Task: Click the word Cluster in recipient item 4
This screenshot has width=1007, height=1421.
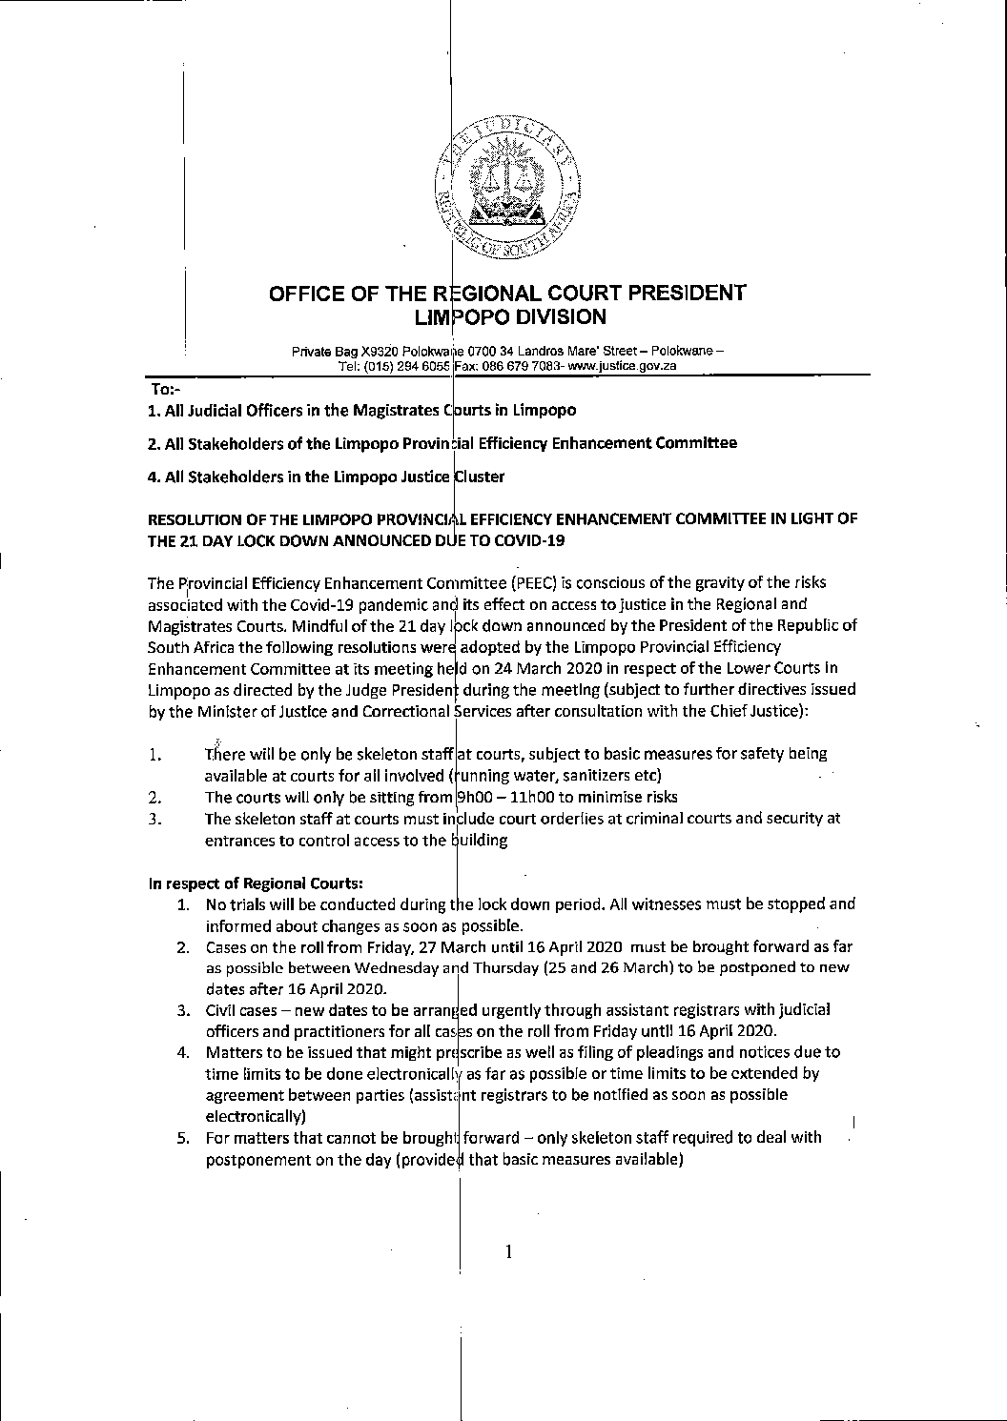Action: pyautogui.click(x=480, y=476)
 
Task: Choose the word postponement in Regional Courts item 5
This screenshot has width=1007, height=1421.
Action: pyautogui.click(x=253, y=1160)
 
